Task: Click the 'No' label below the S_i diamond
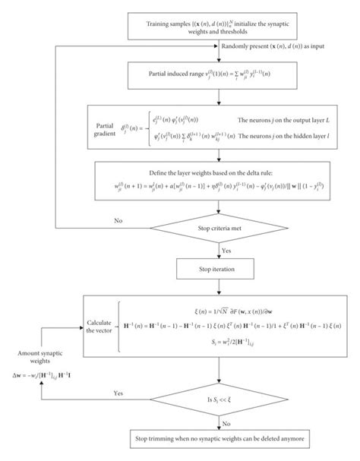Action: point(226,423)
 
